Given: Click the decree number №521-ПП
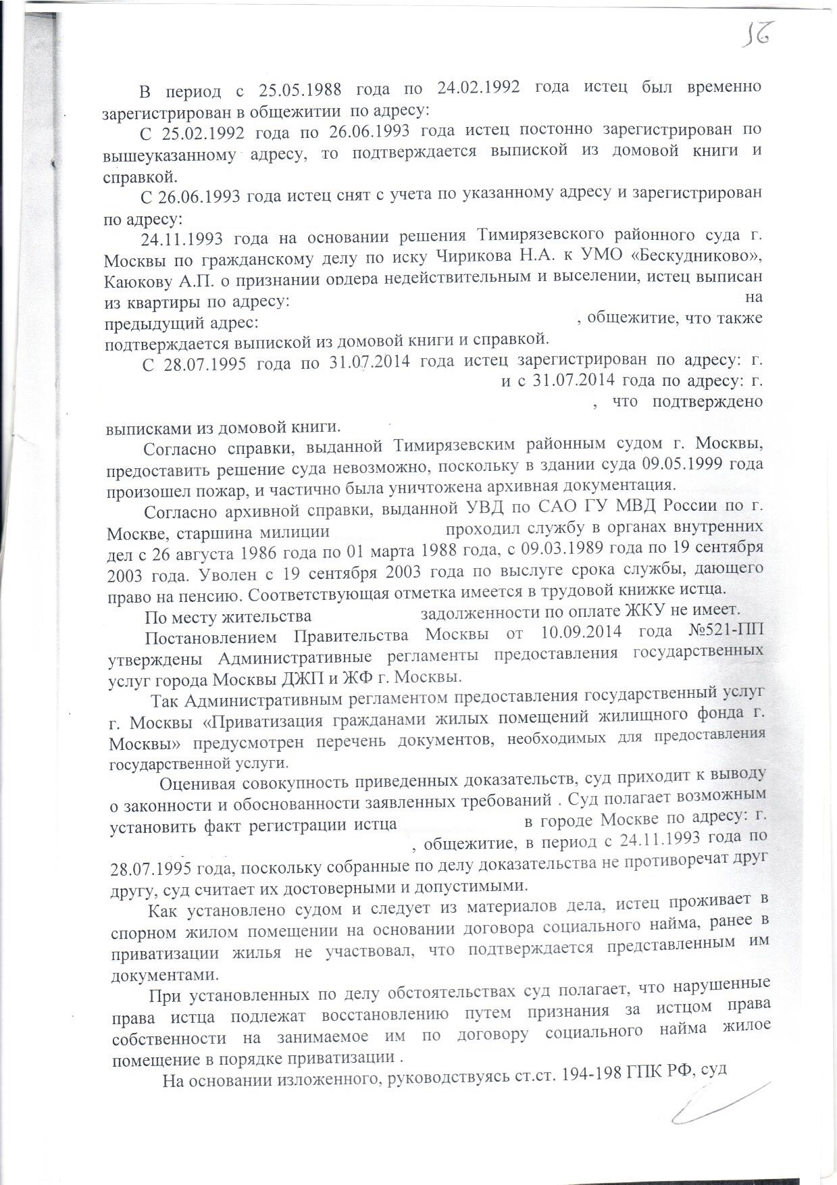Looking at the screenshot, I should coord(726,633).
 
